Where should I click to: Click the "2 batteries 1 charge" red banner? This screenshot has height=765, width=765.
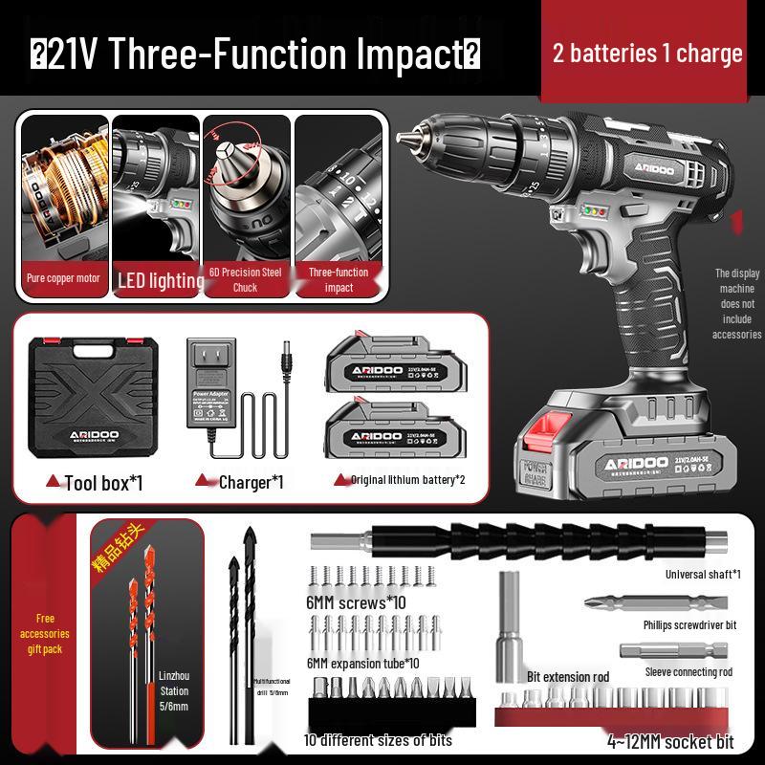[647, 52]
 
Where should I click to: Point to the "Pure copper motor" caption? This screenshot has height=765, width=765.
[61, 279]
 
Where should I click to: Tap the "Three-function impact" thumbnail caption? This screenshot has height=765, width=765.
[339, 279]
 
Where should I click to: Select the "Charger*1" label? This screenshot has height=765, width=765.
[251, 482]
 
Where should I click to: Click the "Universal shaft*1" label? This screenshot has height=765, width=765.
[703, 575]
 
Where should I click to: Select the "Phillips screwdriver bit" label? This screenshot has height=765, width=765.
[689, 624]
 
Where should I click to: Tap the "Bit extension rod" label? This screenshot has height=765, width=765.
[568, 677]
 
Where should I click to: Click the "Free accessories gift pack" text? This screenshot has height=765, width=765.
[46, 634]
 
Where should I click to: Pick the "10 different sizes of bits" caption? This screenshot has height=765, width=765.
[378, 739]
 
